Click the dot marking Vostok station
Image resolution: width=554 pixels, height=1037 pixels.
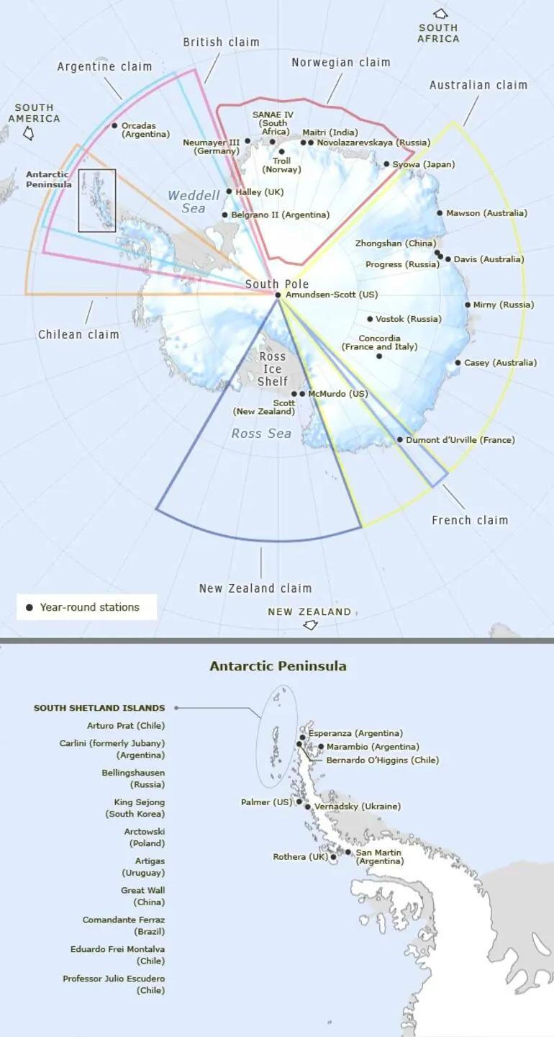point(370,319)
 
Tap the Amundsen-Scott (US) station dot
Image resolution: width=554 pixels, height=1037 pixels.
point(278,295)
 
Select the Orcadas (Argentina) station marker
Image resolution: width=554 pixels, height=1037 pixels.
point(114,125)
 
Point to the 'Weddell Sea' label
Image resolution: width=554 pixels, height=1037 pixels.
point(194,202)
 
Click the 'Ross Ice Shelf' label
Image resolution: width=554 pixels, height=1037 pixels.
point(273,369)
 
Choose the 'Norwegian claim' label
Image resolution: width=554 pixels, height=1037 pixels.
point(340,63)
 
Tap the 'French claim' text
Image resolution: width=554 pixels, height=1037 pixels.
point(470,520)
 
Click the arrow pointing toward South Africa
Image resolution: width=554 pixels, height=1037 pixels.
point(440,14)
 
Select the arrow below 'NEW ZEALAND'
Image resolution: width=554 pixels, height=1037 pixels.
point(310,625)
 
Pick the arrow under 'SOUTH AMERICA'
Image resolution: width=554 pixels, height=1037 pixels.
point(29,133)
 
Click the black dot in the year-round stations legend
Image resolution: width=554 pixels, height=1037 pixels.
point(29,608)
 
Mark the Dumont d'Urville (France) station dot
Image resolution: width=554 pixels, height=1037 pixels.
point(400,439)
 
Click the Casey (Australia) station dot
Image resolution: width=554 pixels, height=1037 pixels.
point(458,362)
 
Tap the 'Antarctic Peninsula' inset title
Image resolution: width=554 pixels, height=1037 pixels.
point(278,666)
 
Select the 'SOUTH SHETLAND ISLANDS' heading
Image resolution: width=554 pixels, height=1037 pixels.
point(99,708)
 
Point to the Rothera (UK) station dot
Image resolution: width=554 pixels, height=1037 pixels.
point(333,857)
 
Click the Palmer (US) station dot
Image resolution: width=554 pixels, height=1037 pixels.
point(299,802)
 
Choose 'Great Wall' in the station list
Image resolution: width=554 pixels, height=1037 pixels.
point(142,890)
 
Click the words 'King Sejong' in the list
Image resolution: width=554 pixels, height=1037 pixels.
point(139,802)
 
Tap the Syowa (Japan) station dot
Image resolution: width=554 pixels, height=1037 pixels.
point(386,164)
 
